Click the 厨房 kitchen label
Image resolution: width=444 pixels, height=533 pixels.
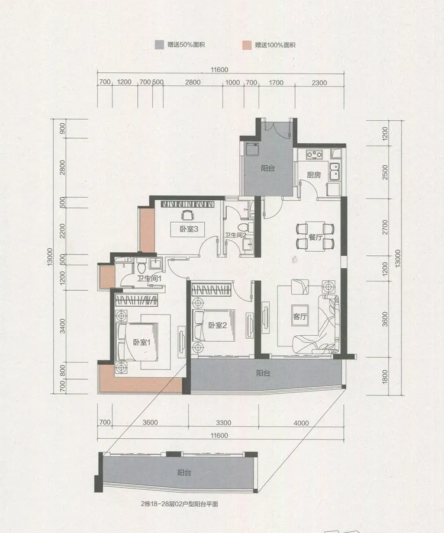[314, 175]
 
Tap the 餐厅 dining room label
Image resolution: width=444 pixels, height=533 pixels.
[316, 237]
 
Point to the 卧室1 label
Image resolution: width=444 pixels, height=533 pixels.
[141, 342]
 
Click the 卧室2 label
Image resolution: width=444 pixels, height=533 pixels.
[217, 325]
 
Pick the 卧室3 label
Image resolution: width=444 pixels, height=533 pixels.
[189, 229]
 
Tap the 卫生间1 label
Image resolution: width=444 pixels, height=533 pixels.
[149, 279]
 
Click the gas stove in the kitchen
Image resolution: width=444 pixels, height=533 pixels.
[314, 155]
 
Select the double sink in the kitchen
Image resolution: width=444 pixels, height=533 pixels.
[334, 171]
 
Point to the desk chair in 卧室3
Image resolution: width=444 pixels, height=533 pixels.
[187, 216]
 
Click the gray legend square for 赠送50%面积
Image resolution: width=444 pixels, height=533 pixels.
[159, 45]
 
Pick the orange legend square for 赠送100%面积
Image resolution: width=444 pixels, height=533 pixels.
[247, 45]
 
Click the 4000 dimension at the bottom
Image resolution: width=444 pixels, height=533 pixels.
[301, 423]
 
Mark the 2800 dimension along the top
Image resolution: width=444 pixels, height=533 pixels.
[192, 82]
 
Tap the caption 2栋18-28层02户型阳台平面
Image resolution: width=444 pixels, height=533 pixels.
[179, 504]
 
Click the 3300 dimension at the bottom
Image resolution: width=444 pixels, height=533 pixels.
[223, 423]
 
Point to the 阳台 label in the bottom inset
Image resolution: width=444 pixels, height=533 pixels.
[184, 473]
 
